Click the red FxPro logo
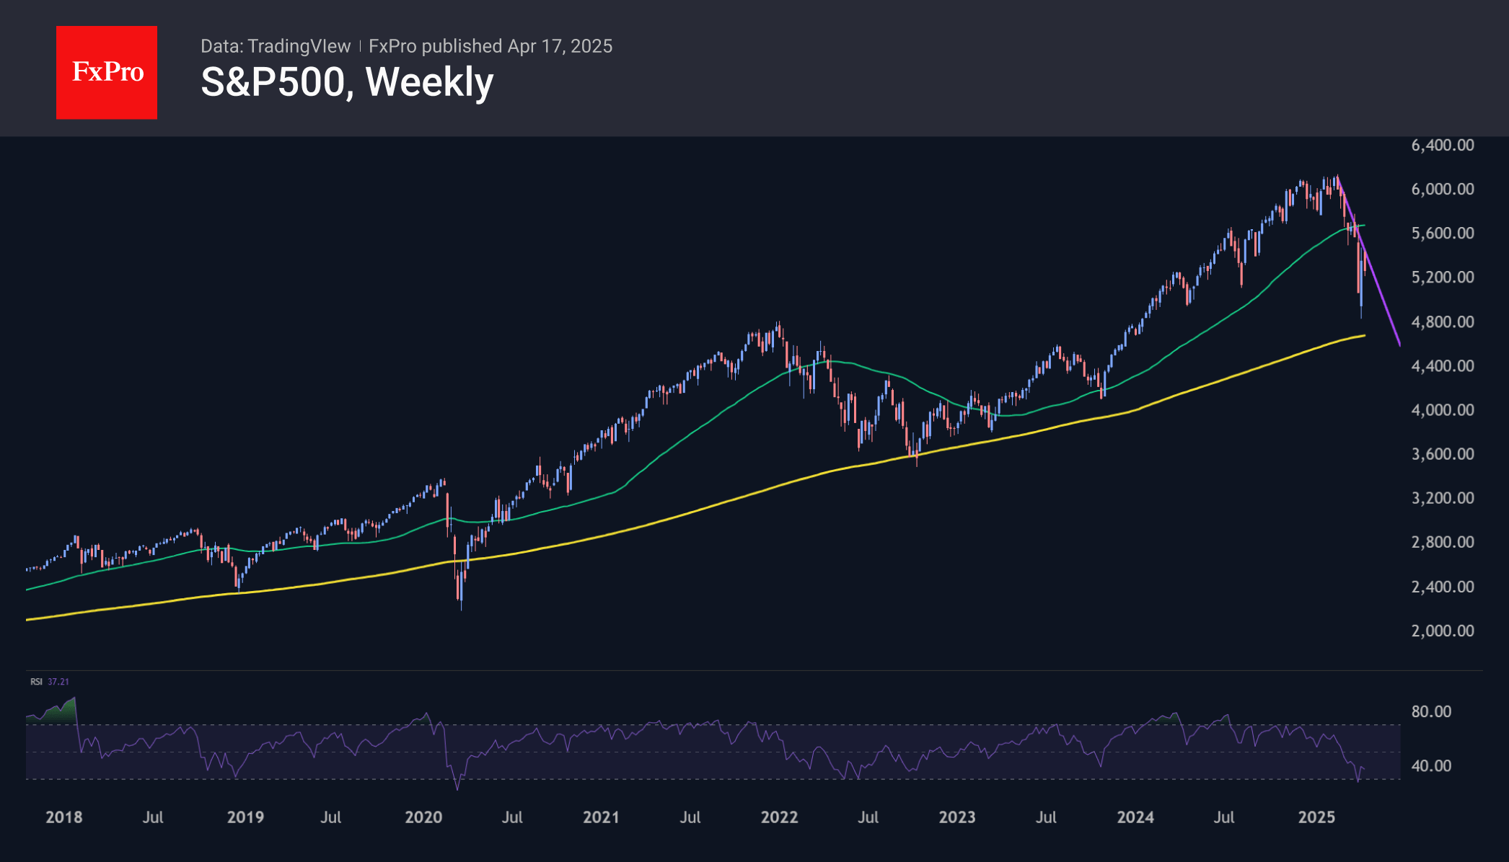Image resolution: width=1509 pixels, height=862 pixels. point(107,72)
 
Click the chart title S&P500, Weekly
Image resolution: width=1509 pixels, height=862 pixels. point(347,82)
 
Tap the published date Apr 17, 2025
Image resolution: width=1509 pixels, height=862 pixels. point(560,46)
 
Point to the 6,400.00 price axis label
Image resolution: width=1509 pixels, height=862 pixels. point(1442,145)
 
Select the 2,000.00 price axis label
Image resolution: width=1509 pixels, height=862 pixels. point(1442,631)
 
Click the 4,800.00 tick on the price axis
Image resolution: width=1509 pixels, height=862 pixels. point(1442,321)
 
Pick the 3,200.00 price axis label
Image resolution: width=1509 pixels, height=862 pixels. point(1442,498)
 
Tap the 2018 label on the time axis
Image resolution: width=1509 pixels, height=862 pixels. point(63,817)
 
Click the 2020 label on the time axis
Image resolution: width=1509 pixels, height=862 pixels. point(423,817)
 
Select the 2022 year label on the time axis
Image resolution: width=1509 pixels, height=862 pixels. point(779,817)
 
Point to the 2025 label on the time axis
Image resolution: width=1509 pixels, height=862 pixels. point(1316,817)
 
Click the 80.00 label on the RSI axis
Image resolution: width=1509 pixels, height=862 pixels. point(1431,711)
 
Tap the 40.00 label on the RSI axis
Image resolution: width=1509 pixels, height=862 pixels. point(1431,765)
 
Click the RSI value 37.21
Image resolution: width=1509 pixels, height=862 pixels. point(58,682)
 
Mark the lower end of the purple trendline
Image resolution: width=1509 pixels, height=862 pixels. point(1399,345)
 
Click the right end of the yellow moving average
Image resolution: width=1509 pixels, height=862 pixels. point(1364,335)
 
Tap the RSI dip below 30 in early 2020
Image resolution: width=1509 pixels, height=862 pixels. point(457,788)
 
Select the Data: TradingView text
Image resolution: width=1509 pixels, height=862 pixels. point(276,46)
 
